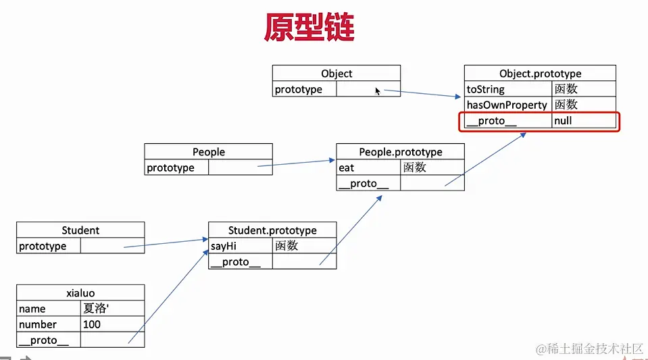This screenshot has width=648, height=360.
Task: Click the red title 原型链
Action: (x=309, y=29)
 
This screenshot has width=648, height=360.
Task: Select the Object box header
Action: (x=337, y=74)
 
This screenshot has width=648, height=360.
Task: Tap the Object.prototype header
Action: (x=540, y=74)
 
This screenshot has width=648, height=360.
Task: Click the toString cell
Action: (x=507, y=89)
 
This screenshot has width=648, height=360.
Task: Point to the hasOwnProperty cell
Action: (x=507, y=105)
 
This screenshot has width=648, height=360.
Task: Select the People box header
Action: (x=208, y=152)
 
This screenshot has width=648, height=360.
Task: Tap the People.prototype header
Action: (x=400, y=152)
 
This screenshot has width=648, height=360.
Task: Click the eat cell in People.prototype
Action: (x=368, y=168)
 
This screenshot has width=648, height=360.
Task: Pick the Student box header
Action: (x=80, y=230)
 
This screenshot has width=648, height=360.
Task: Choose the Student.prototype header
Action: (x=272, y=230)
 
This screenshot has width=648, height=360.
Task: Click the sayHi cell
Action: (x=241, y=246)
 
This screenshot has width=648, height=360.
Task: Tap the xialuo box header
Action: (x=80, y=293)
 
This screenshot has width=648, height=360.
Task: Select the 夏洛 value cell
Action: (x=112, y=309)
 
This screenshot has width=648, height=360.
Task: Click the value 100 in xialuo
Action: (x=112, y=324)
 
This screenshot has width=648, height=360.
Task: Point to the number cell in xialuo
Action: (x=49, y=324)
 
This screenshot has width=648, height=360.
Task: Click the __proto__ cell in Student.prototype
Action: (x=241, y=262)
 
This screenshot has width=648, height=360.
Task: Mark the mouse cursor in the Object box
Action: (x=378, y=91)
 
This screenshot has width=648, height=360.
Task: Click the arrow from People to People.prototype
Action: (x=297, y=163)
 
